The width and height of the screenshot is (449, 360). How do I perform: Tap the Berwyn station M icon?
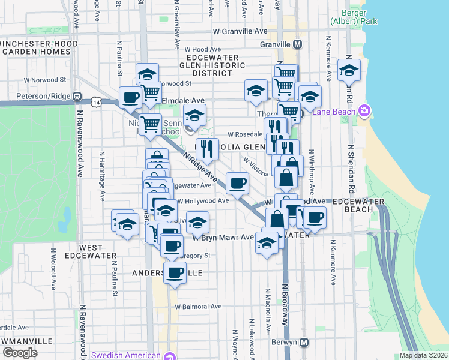304,343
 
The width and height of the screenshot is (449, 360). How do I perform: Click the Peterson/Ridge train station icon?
77,95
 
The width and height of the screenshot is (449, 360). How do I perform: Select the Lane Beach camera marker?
364,110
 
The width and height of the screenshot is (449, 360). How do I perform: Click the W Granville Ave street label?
240,31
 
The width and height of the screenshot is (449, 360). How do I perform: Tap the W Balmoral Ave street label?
199,307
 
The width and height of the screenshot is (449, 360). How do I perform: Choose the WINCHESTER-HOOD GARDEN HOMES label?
35,48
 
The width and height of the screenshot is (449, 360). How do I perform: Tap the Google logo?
20,353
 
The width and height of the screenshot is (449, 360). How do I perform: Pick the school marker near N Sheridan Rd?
349,71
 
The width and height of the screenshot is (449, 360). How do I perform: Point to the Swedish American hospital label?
128,355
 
